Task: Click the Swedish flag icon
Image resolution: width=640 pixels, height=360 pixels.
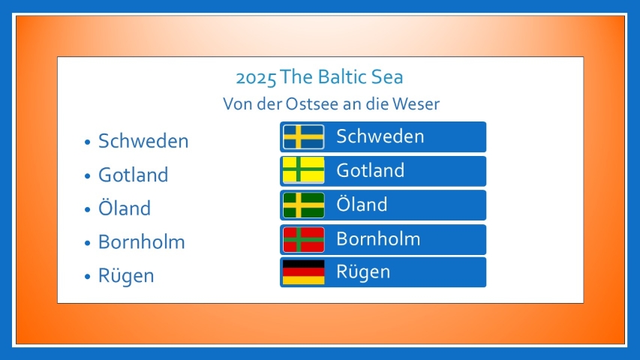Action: click(x=304, y=136)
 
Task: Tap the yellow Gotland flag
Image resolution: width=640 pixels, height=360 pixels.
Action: click(x=304, y=170)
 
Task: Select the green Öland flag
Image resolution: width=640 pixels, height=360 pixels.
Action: click(x=304, y=205)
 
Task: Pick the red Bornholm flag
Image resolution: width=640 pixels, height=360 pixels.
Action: click(x=304, y=239)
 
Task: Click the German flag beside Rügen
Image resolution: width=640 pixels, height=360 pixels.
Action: click(x=304, y=272)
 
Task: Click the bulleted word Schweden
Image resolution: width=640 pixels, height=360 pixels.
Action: click(x=143, y=141)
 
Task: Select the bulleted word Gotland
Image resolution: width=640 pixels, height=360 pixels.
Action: click(x=133, y=175)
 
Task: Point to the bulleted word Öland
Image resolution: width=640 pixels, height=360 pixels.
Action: click(x=125, y=207)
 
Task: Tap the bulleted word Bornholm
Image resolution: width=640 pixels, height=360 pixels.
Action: click(x=142, y=242)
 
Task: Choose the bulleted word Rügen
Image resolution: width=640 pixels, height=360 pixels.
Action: click(x=126, y=276)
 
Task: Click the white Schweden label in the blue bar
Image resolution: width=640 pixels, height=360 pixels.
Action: click(x=380, y=136)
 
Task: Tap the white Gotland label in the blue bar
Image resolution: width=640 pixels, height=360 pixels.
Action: click(x=370, y=170)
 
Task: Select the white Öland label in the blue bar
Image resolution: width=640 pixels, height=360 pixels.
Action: click(x=362, y=204)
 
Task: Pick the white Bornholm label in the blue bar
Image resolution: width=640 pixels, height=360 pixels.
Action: click(x=378, y=239)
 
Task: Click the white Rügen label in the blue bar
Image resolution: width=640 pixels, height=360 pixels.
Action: click(x=363, y=272)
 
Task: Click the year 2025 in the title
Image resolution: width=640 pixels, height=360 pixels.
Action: click(x=256, y=77)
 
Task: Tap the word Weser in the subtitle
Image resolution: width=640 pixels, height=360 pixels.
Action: click(x=416, y=104)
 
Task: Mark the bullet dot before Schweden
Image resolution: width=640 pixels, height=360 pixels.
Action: click(x=87, y=142)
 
